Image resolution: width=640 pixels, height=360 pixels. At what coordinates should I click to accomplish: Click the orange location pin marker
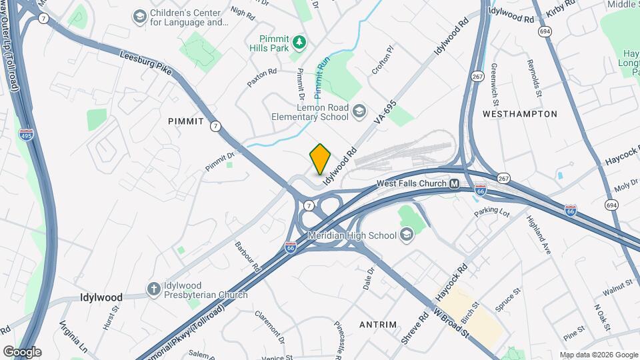(321, 159)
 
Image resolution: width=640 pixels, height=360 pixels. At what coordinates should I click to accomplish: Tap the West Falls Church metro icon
(454, 184)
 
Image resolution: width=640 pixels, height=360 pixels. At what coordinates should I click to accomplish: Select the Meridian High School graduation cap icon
(406, 235)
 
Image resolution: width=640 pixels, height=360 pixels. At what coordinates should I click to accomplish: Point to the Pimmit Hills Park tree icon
(301, 43)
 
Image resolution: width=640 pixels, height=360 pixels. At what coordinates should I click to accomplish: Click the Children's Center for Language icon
(140, 16)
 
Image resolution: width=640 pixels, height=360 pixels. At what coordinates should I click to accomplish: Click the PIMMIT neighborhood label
(185, 120)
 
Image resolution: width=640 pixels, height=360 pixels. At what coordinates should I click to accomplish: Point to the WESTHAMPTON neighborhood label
(519, 114)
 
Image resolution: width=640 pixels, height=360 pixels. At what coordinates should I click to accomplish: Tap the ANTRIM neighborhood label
(378, 325)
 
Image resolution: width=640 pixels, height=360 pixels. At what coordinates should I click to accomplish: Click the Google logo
(22, 351)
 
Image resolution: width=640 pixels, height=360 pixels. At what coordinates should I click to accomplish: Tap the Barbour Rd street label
(246, 255)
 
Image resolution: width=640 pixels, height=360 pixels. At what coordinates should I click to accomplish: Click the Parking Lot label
(491, 212)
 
